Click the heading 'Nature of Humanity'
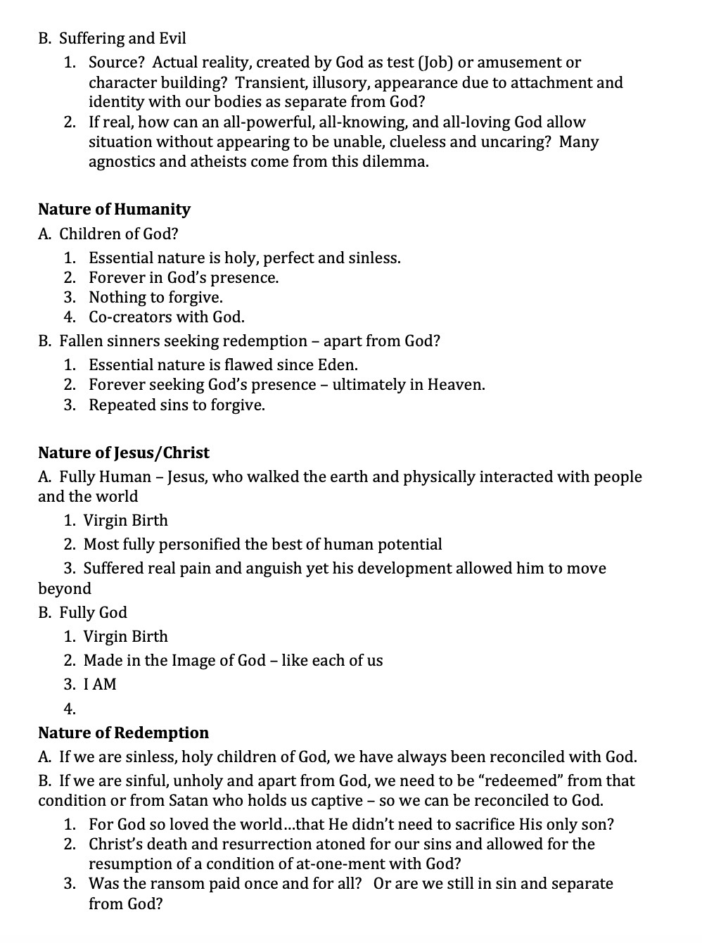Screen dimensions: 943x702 coord(114,210)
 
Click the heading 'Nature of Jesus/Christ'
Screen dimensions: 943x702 coord(124,452)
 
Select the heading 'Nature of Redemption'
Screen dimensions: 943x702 coord(123,733)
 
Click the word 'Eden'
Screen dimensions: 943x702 coord(338,365)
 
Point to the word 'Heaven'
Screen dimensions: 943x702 coord(454,385)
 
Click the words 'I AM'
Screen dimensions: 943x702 coord(100,684)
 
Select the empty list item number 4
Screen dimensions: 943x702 coord(70,709)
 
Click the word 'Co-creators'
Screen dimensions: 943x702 coord(129,317)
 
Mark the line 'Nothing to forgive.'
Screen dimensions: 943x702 coord(155,298)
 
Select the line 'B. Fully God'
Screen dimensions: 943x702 coord(82,613)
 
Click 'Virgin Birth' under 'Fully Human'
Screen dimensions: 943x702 coord(125,521)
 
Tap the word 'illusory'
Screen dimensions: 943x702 coord(339,83)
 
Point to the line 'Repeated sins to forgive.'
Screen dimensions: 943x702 coord(177,405)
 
